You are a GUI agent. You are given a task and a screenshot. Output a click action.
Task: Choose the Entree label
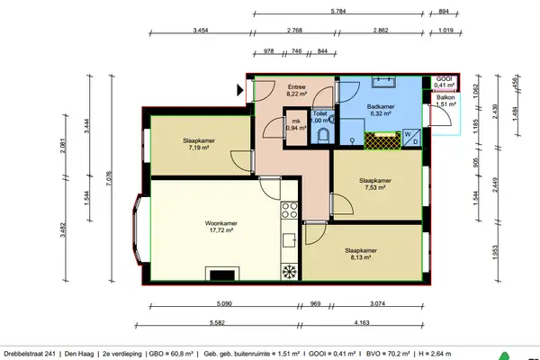click(x=298, y=88)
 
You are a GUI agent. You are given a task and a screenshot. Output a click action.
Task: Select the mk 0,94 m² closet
click(x=294, y=125)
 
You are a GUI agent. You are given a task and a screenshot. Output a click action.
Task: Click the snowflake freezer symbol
click(x=289, y=272)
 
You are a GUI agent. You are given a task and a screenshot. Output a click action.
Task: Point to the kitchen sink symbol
click(x=290, y=239)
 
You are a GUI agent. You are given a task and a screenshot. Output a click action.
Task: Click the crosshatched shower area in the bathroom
click(x=382, y=139)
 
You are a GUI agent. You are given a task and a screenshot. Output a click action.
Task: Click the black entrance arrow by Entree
click(x=239, y=89)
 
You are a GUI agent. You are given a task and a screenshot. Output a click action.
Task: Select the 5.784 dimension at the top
click(x=338, y=12)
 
